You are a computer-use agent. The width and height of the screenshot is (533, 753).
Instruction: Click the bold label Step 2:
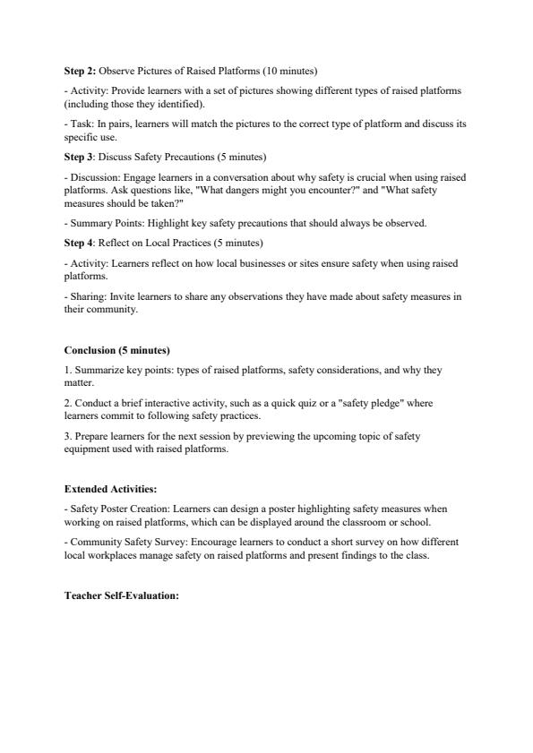tap(80, 70)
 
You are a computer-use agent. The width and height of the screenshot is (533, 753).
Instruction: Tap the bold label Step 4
tap(79, 243)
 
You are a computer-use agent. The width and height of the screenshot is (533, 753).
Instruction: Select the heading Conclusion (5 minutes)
tap(116, 350)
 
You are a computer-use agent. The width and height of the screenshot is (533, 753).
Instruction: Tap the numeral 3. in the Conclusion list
tap(68, 436)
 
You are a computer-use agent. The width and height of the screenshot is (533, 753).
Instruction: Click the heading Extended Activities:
tap(110, 489)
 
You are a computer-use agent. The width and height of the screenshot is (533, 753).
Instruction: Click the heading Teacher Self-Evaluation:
tap(122, 595)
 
